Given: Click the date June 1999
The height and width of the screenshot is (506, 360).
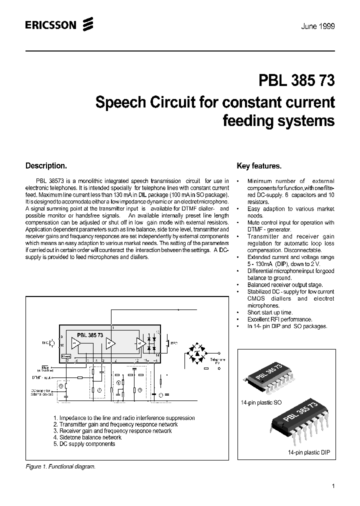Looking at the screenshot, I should click(318, 26).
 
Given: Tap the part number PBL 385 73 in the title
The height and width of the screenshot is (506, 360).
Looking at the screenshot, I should click(296, 80).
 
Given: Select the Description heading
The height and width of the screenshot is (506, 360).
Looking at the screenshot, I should click(46, 165).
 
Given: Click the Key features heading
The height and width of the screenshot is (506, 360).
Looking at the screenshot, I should click(258, 166).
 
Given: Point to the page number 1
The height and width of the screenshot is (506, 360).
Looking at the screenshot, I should click(333, 486).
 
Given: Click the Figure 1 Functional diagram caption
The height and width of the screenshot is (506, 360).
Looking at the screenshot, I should click(60, 466).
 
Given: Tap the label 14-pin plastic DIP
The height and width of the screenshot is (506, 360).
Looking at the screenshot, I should click(308, 452).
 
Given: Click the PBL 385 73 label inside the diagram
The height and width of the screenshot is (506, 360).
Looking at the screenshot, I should click(90, 335).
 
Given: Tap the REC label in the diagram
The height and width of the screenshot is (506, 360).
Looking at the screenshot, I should click(174, 343).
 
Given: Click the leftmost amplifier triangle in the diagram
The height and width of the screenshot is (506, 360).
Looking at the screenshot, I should click(75, 343).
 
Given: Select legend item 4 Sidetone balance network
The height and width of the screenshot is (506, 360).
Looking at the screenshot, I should click(87, 437).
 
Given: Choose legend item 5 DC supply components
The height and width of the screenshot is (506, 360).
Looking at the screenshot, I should click(84, 443).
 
